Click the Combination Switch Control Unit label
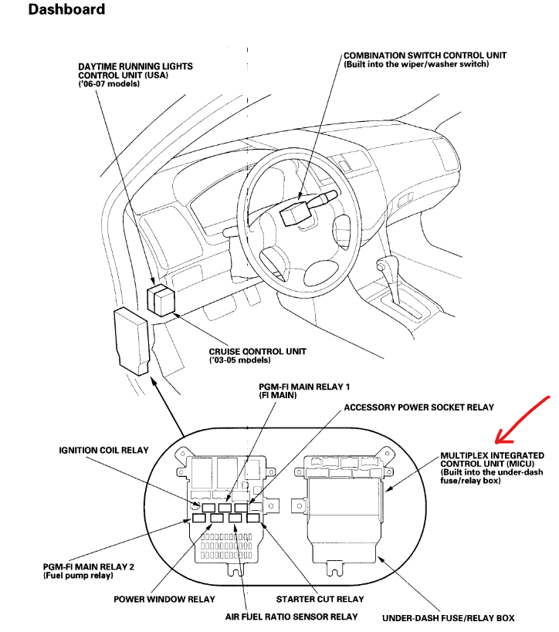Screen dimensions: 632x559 425,56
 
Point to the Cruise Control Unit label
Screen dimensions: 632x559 257,352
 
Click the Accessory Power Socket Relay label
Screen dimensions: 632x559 418,407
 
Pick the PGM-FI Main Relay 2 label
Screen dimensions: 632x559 89,567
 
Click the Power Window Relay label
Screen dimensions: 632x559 164,599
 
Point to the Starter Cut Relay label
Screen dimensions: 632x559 320,599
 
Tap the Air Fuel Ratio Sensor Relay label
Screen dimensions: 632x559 292,617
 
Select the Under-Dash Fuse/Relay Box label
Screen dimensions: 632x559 448,617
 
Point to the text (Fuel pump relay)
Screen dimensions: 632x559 78,576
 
